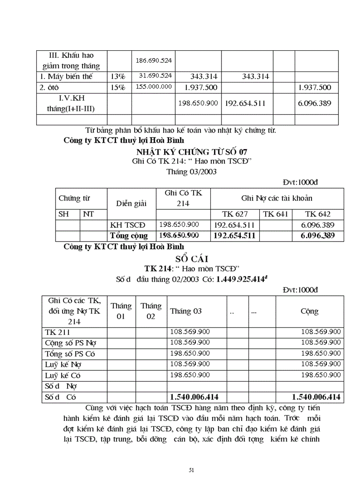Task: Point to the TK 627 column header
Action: click(x=235, y=214)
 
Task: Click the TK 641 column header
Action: click(x=276, y=214)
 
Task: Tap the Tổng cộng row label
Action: click(x=129, y=235)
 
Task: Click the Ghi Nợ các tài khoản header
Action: click(x=277, y=198)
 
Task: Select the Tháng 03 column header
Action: click(x=186, y=311)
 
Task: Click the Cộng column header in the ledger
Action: click(x=309, y=311)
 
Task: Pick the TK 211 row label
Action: click(x=57, y=332)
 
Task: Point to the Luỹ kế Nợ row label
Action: click(x=64, y=364)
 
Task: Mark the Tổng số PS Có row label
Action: click(x=70, y=354)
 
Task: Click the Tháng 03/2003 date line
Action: click(x=191, y=172)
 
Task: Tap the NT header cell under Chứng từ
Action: click(x=89, y=214)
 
